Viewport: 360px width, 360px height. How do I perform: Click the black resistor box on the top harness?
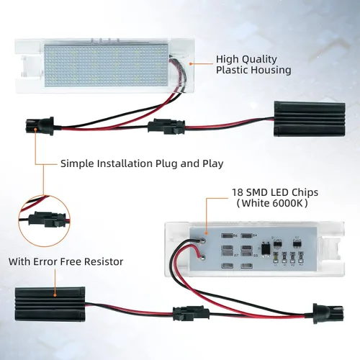pyautogui.click(x=297, y=116)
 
